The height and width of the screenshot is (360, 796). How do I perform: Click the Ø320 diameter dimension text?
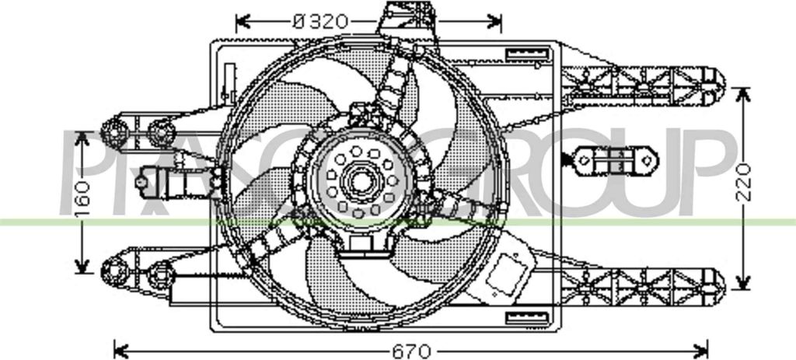point(320,21)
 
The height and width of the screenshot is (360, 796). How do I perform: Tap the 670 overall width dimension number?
point(411,351)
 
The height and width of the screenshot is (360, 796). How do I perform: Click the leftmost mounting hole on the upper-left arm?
point(113,131)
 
